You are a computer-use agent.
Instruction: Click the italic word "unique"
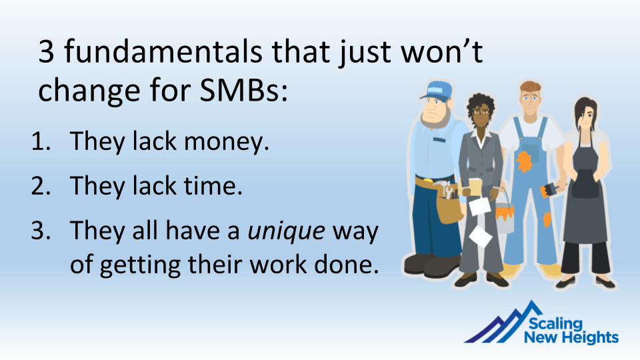[287, 231]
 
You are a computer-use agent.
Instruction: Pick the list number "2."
[41, 186]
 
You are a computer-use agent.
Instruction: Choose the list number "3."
[41, 231]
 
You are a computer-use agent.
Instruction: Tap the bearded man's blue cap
[437, 90]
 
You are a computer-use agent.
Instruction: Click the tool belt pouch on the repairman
[448, 206]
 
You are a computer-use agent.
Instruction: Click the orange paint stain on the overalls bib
[524, 161]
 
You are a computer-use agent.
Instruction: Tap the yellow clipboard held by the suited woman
[475, 187]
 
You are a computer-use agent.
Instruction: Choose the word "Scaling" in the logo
[556, 324]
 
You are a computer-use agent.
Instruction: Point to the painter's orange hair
[530, 87]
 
